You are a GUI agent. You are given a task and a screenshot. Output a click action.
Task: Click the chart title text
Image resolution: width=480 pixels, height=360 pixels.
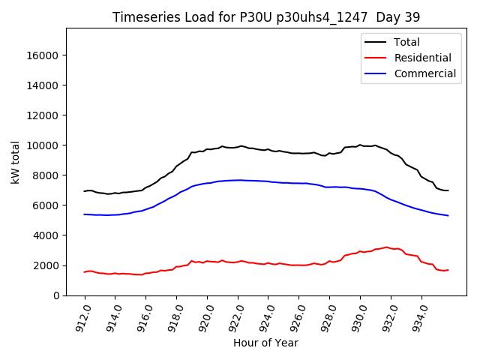pyautogui.click(x=266, y=17)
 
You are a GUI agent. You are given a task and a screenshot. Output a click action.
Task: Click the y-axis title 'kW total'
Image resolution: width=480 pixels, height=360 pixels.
pyautogui.click(x=15, y=161)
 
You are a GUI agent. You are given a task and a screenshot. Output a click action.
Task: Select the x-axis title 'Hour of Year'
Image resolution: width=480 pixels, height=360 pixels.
pyautogui.click(x=266, y=343)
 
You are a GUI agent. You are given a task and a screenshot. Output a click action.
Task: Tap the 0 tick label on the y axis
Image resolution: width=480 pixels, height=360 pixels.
pyautogui.click(x=57, y=295)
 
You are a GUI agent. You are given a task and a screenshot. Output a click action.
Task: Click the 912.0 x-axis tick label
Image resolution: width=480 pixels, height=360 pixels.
pyautogui.click(x=82, y=316)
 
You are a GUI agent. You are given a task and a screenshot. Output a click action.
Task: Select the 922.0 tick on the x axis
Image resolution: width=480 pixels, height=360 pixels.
pyautogui.click(x=236, y=316)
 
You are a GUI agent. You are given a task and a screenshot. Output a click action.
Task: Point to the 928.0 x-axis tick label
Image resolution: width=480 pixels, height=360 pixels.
pyautogui.click(x=328, y=316)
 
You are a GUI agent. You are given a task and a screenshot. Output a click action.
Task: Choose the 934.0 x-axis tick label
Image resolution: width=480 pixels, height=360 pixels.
pyautogui.click(x=420, y=316)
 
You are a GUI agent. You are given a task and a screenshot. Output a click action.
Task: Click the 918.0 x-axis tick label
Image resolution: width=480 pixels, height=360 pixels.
pyautogui.click(x=175, y=316)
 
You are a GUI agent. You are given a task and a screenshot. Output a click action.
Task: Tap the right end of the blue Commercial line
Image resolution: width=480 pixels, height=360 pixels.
pyautogui.click(x=448, y=215)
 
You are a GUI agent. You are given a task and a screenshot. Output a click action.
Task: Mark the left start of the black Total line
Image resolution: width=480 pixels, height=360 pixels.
pyautogui.click(x=85, y=191)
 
